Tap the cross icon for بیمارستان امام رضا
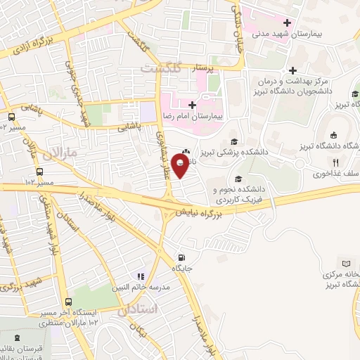[x=193, y=105]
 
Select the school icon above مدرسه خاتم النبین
[x=141, y=276]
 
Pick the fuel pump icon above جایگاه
[x=183, y=257]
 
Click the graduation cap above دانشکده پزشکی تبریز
[x=233, y=141]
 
